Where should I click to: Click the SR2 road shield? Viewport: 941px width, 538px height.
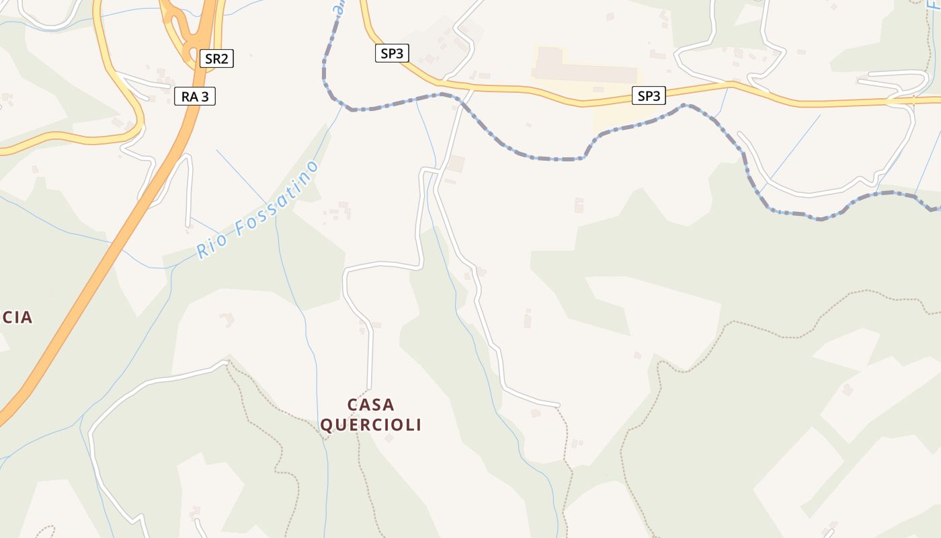click(216, 59)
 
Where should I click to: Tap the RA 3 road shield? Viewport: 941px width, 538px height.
click(195, 97)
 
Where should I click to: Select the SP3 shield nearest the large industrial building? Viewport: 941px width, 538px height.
click(649, 96)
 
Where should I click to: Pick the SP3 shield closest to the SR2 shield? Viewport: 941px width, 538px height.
click(392, 54)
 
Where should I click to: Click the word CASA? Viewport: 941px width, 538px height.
click(370, 405)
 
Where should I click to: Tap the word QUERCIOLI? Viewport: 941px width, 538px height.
click(370, 425)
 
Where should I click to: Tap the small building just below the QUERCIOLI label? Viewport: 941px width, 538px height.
click(388, 438)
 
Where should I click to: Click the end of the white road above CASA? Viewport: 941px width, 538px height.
click(369, 387)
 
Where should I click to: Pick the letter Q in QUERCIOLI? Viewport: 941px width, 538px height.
click(327, 425)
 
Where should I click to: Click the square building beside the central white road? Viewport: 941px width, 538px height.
click(456, 163)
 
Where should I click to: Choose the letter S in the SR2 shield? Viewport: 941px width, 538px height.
click(209, 59)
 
